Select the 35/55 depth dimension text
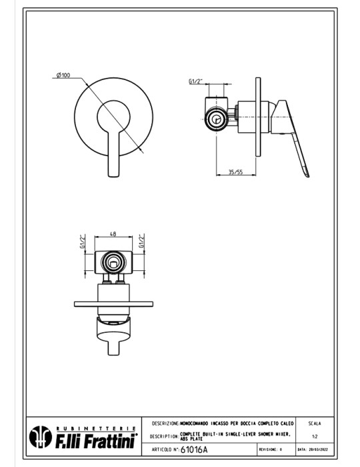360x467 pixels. pyautogui.click(x=235, y=172)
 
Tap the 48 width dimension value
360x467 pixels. pyautogui.click(x=113, y=234)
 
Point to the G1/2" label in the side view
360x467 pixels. pyautogui.click(x=195, y=81)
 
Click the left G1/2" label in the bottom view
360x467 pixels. pyautogui.click(x=83, y=241)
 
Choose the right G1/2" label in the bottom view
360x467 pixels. pyautogui.click(x=141, y=241)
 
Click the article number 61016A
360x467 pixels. pyautogui.click(x=195, y=450)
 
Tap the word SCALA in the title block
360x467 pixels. pyautogui.click(x=314, y=423)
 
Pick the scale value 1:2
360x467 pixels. pyautogui.click(x=314, y=436)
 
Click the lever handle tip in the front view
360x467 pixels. pyautogui.click(x=112, y=172)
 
